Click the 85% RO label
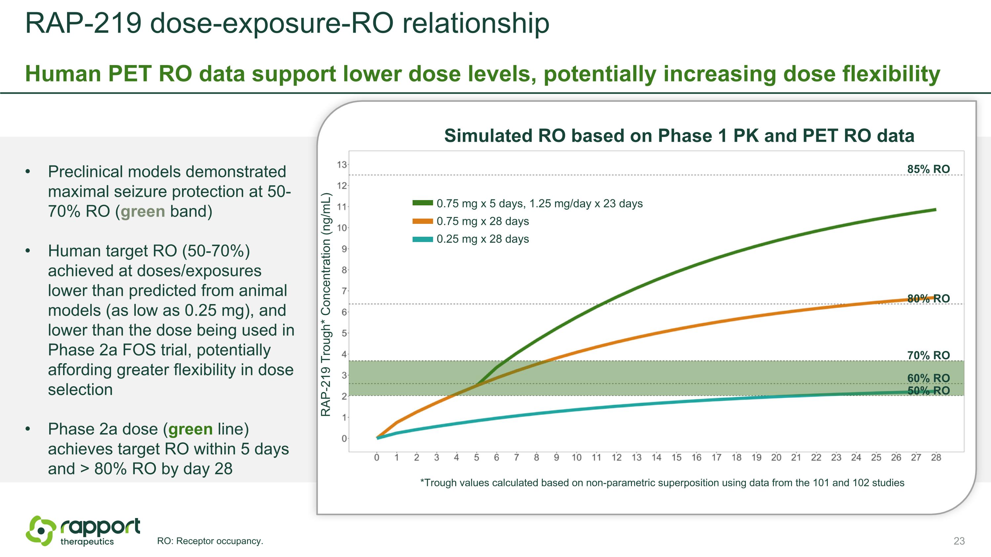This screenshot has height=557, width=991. coord(928,169)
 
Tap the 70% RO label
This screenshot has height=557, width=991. coord(928,356)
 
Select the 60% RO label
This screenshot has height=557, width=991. coord(928,378)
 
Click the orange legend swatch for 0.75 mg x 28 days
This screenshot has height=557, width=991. coord(422,222)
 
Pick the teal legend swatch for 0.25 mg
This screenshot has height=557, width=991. coord(422,239)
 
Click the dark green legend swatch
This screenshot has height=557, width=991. coord(422,203)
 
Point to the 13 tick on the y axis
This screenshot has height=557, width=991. coord(342,165)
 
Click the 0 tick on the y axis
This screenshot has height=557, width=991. coord(344,438)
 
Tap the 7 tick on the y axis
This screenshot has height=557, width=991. coord(344,291)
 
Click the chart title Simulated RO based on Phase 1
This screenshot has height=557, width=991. coord(679,136)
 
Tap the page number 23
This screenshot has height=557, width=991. coord(959,541)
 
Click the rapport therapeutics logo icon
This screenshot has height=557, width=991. coord(40,531)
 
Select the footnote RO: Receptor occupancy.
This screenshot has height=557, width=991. coord(210,541)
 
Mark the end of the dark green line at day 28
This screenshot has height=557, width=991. coord(935,210)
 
